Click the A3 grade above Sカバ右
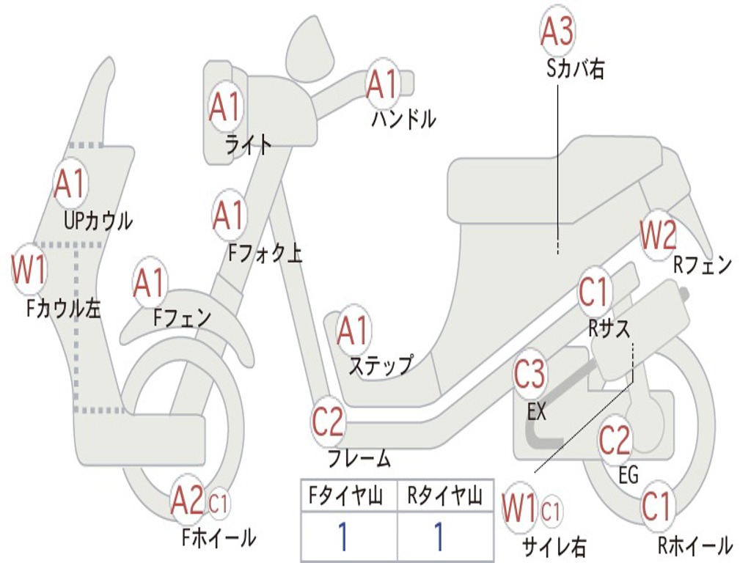coord(557,30)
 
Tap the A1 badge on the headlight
coord(226,107)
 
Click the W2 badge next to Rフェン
coord(658,235)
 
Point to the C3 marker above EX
coord(530,374)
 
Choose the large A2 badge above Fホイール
coord(188,500)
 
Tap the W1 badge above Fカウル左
coord(29,269)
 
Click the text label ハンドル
coord(404,119)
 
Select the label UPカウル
coord(98,221)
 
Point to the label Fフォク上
coord(265,253)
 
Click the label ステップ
coord(381,365)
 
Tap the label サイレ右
coord(554,546)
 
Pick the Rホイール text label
coord(695,545)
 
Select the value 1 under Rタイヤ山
coord(439,537)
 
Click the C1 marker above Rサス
coord(594,292)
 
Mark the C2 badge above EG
coord(615,441)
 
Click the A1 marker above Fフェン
coord(150,283)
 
